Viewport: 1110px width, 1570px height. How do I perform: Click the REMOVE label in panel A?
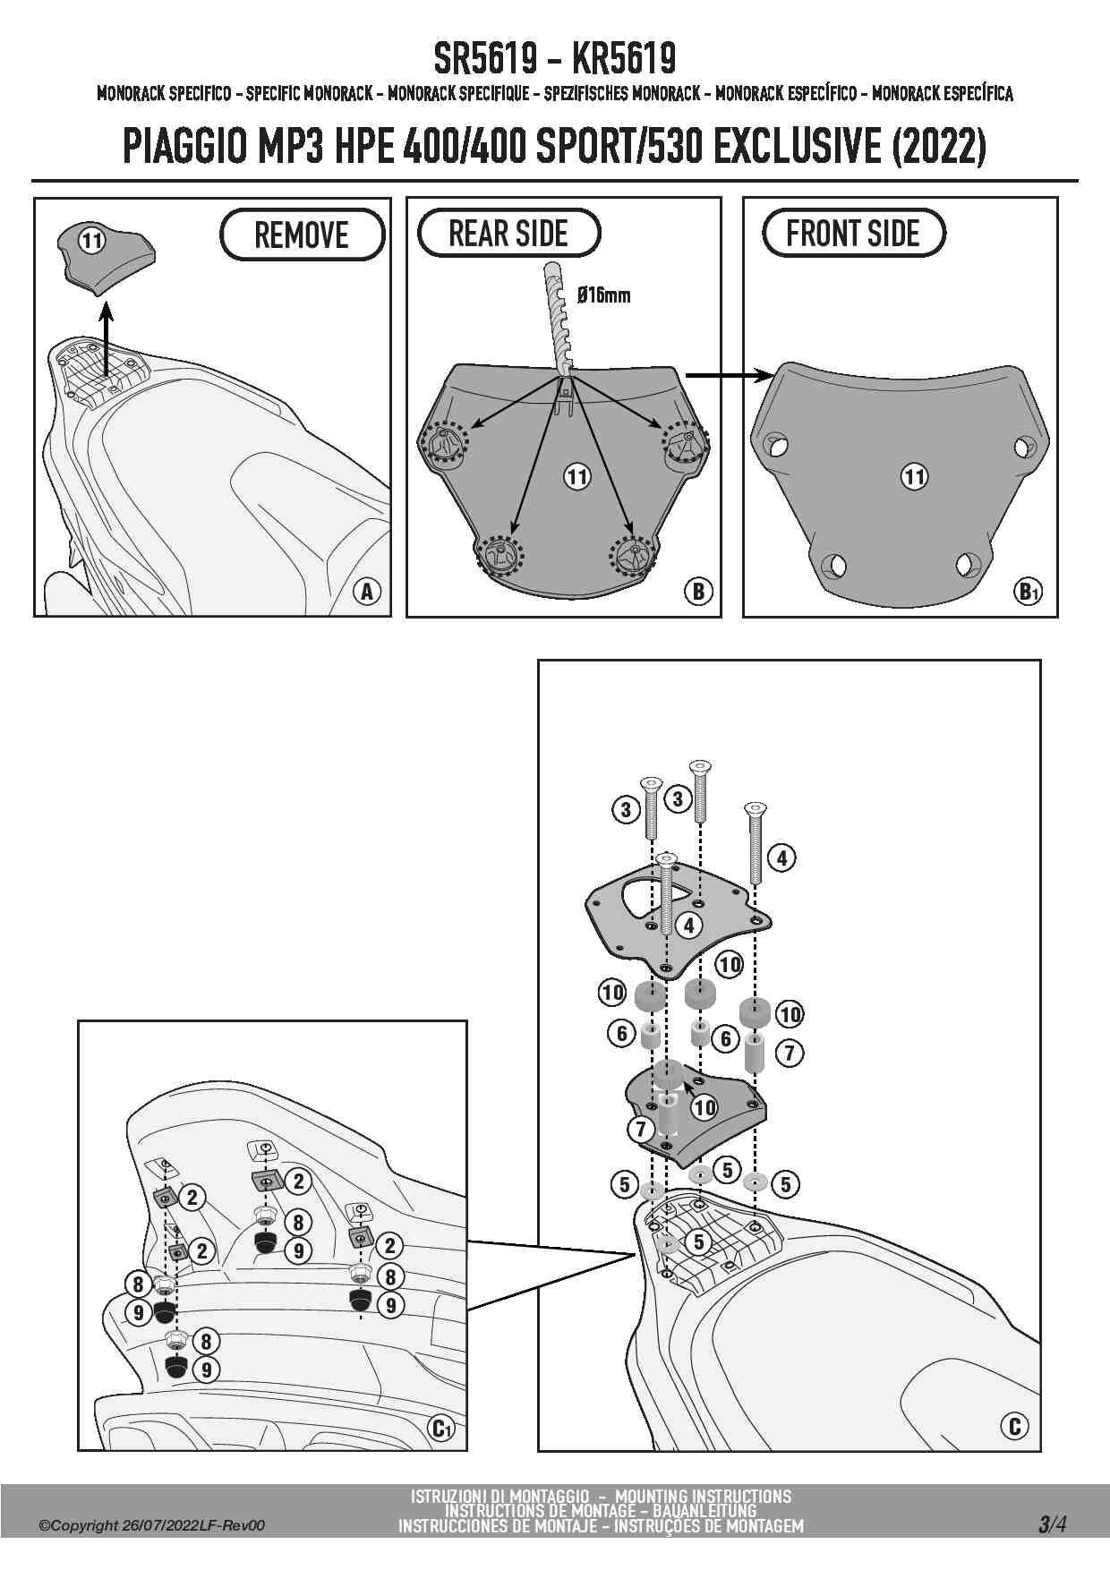click(302, 235)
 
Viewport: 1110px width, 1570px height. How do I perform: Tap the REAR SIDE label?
click(508, 234)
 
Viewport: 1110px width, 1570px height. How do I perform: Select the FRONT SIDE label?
click(852, 234)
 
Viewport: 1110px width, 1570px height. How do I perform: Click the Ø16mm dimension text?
click(603, 294)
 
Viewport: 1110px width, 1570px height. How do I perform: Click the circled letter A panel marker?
click(366, 591)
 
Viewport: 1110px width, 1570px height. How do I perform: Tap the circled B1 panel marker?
click(1029, 591)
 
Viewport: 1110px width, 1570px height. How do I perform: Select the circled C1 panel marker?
click(441, 1428)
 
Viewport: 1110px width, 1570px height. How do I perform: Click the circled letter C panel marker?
click(1014, 1426)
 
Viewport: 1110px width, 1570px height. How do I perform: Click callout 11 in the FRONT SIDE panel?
click(913, 475)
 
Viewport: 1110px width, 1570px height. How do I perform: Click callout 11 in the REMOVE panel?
click(92, 240)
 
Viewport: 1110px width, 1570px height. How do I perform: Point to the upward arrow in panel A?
click(106, 340)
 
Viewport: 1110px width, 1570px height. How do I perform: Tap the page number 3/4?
click(1052, 1523)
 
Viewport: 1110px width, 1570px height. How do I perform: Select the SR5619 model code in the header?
click(485, 59)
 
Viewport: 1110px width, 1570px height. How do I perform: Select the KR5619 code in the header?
click(623, 59)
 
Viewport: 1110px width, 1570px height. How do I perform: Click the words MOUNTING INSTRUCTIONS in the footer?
click(703, 1497)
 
